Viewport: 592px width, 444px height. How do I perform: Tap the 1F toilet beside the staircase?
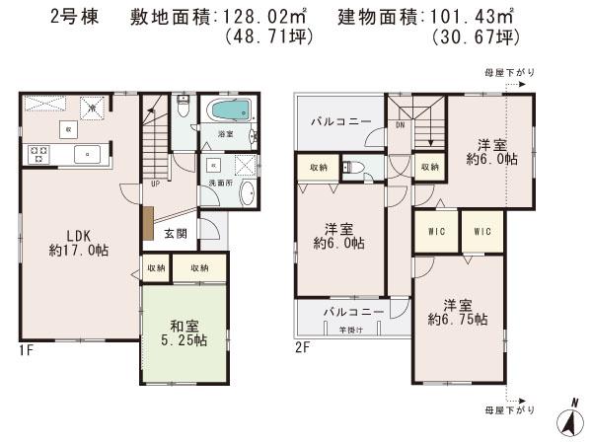(182, 107)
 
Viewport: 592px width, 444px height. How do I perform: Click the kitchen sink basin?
(86, 153)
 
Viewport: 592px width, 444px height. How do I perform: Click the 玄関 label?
(175, 234)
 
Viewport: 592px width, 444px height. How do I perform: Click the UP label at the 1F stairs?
(155, 183)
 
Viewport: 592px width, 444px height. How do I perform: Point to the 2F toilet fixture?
(356, 167)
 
